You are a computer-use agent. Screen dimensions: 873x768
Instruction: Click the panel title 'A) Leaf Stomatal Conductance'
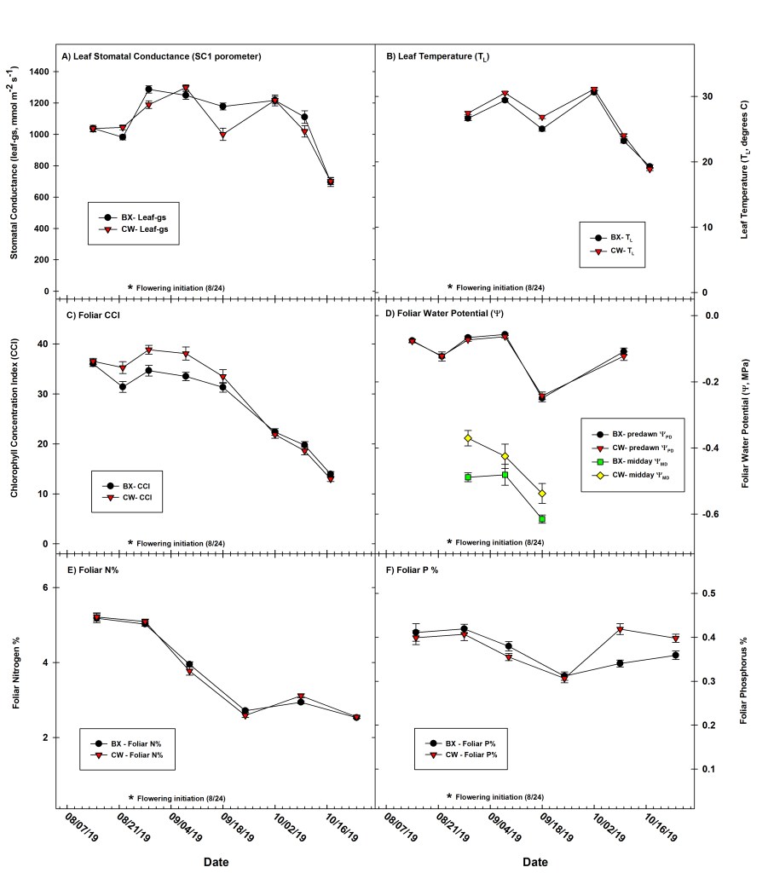pos(160,56)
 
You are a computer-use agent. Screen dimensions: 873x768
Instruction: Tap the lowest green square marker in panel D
pos(542,518)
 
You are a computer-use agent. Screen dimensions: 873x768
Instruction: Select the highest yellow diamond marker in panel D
pos(468,438)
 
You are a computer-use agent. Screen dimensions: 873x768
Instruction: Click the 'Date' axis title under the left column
pos(216,862)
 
